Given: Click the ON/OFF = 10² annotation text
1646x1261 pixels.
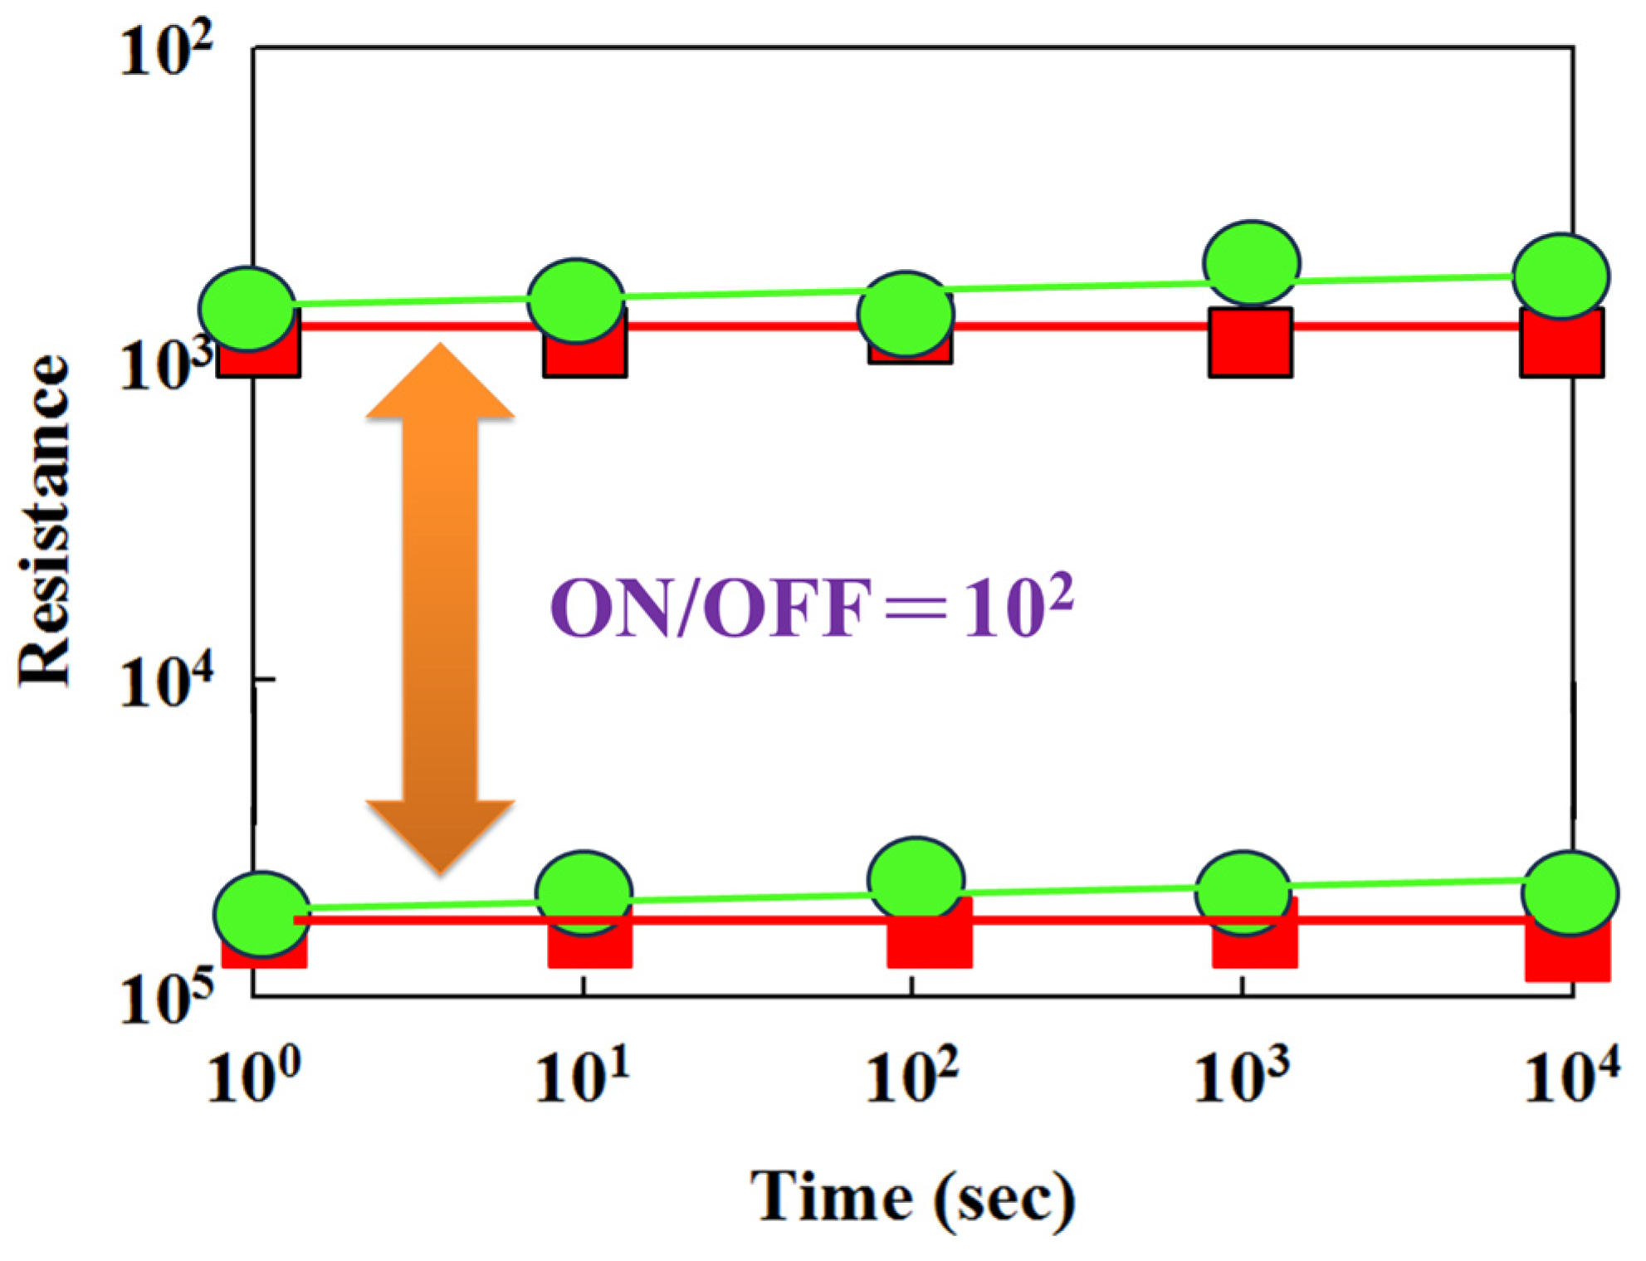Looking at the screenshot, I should [811, 608].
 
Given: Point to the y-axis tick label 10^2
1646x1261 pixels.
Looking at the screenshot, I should [165, 51].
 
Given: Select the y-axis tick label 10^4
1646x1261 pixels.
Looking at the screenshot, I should [165, 682].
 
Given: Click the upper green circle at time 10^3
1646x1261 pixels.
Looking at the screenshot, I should [1252, 262].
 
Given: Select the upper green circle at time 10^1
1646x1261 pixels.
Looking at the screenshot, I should [576, 301].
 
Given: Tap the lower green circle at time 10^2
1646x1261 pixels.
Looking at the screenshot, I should [916, 878].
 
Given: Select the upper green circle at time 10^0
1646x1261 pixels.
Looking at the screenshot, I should [247, 309].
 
